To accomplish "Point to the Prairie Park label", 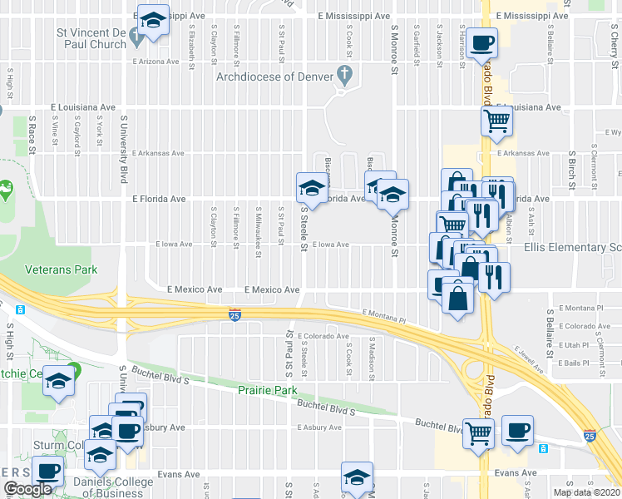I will coord(267,389).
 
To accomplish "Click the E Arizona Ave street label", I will coord(155,61).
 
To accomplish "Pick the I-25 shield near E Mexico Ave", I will coord(235,314).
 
